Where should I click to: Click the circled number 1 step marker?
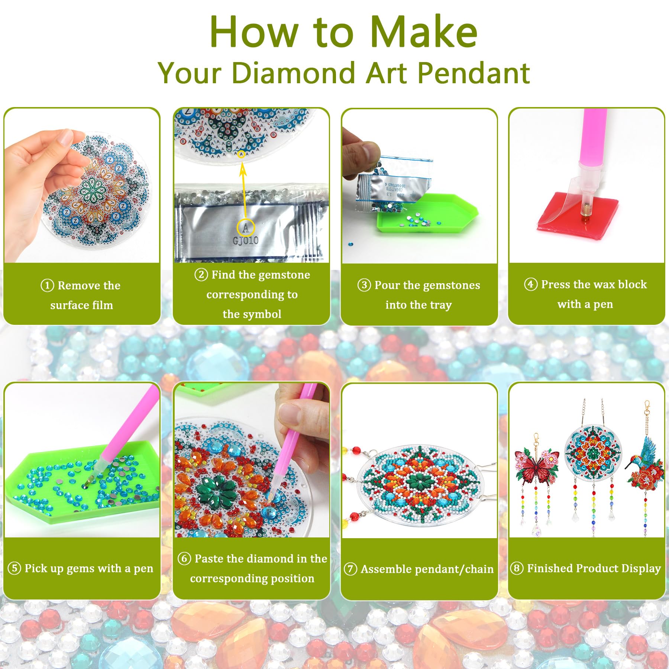[47, 285]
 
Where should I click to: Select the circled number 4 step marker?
[530, 284]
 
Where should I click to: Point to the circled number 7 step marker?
[350, 569]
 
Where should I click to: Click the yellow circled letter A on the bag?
[246, 227]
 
